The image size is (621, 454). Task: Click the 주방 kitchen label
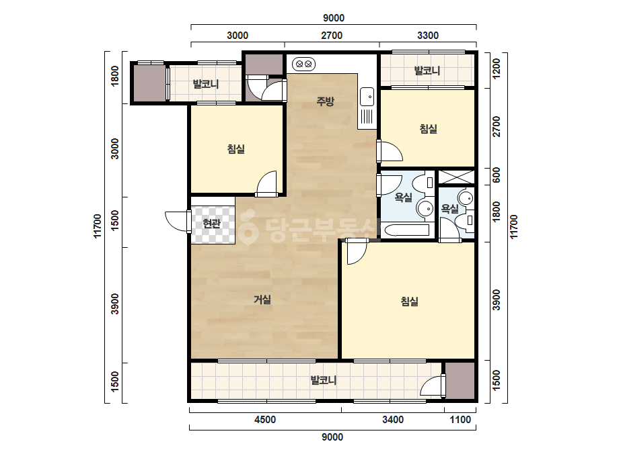[x=325, y=101]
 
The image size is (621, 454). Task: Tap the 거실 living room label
[x=262, y=300]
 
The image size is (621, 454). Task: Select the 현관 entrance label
[x=211, y=224]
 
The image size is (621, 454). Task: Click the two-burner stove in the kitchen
[x=303, y=63]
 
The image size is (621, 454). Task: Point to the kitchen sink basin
[x=367, y=97]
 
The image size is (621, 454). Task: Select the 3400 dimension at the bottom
[x=393, y=420]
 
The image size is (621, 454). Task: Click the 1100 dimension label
[x=460, y=420]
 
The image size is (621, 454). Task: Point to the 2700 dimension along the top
[x=332, y=36]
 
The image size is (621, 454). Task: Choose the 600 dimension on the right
[x=496, y=175]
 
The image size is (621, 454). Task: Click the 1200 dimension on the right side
[x=496, y=69]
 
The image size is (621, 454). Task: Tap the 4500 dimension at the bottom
[x=265, y=420]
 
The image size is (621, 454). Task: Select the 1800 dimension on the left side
[x=115, y=76]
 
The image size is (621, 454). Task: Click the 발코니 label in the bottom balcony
[x=324, y=380]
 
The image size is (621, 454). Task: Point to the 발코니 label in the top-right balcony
[x=427, y=71]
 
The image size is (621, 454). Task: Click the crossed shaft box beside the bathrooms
[x=456, y=177]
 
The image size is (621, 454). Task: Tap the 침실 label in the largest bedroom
[x=410, y=302]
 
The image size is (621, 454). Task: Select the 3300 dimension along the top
[x=428, y=36]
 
